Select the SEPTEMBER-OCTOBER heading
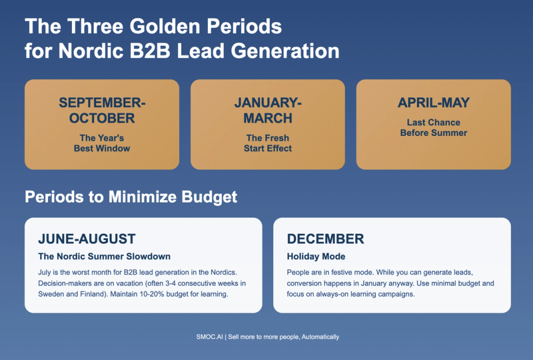[102, 110]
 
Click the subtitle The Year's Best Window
[102, 143]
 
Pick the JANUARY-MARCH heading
[267, 110]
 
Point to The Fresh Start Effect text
[267, 143]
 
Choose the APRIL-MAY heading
[434, 103]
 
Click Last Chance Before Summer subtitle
[434, 127]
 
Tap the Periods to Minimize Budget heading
[131, 197]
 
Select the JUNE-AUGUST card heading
[87, 239]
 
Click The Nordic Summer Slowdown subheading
[104, 257]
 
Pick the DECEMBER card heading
[325, 239]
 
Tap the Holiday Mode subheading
[316, 257]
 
